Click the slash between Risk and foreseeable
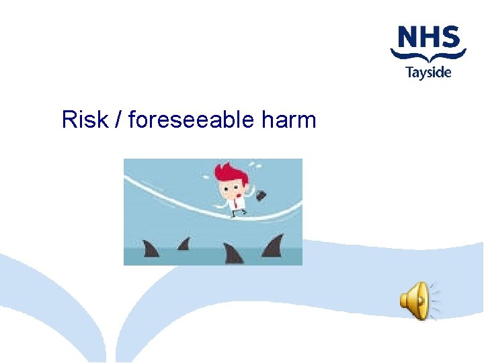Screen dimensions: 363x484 pos(118,120)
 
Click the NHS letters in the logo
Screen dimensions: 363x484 pos(428,38)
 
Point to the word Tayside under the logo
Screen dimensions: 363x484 pos(428,71)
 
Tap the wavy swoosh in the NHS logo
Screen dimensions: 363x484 pos(428,56)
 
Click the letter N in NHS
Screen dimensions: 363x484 pos(407,38)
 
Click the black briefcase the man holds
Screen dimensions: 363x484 pos(260,195)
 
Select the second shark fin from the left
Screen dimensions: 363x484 pos(184,243)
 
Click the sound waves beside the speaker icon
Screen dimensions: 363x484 pos(436,300)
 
